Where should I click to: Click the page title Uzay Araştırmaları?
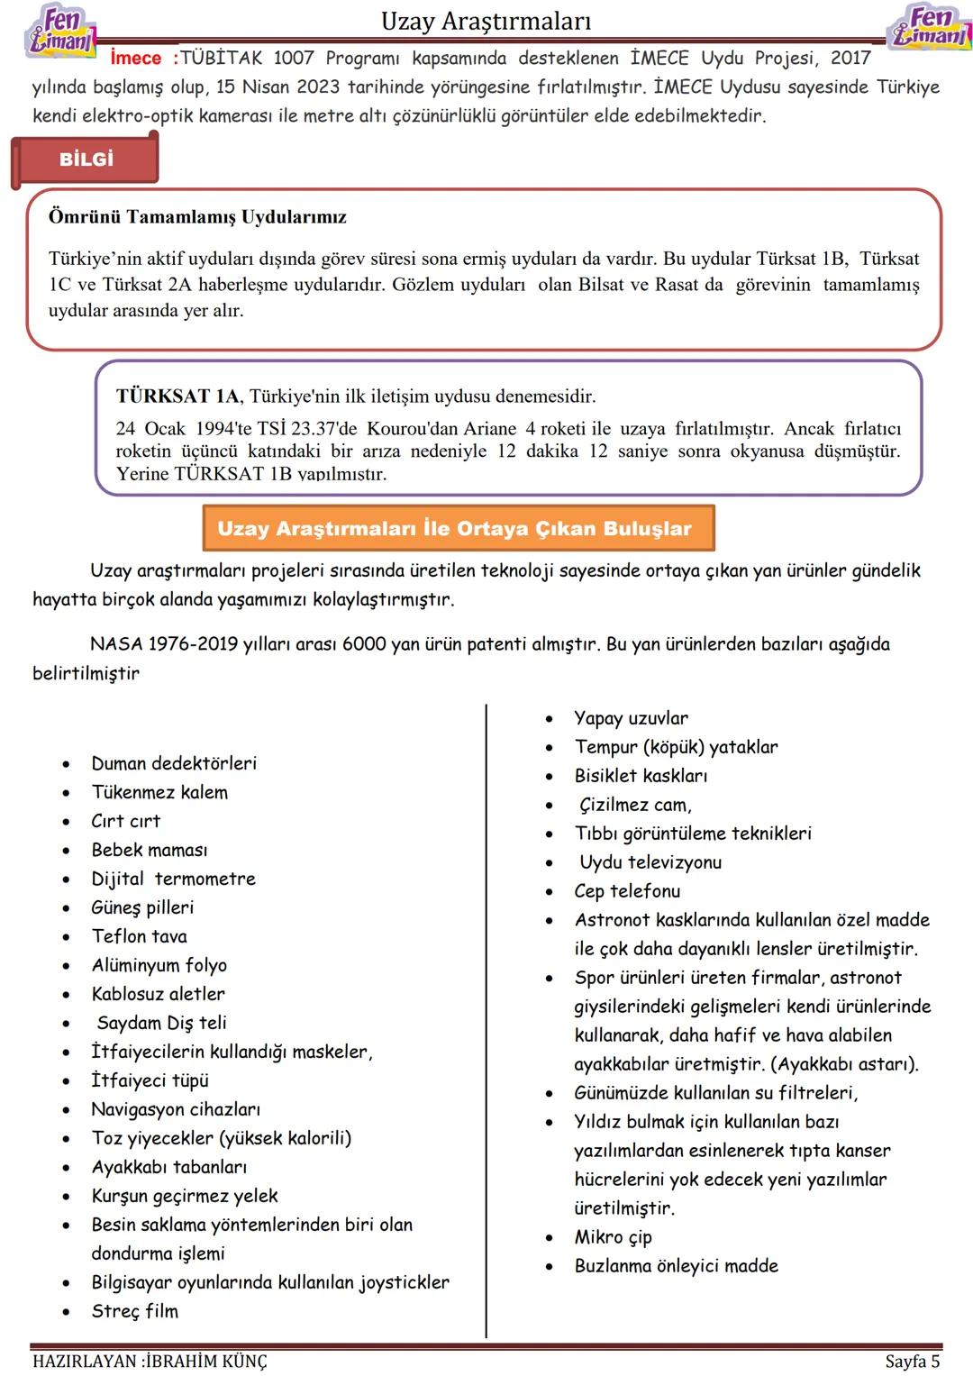[486, 21]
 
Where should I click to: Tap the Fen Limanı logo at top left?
[59, 30]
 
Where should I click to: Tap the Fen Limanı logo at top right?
[930, 27]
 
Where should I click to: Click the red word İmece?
[135, 59]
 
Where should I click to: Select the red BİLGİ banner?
[86, 159]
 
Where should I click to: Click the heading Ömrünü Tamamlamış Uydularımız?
[197, 217]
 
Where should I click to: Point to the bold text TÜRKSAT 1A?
[178, 396]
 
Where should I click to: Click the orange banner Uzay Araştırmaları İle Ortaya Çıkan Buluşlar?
[459, 528]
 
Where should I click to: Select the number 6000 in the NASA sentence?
[364, 644]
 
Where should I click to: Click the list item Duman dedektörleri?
[174, 763]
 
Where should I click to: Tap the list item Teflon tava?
[140, 936]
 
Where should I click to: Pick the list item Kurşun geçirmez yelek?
[185, 1196]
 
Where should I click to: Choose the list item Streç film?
[135, 1311]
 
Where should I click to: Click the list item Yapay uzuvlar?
[631, 718]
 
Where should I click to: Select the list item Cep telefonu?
[627, 891]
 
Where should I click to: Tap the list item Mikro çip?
[613, 1237]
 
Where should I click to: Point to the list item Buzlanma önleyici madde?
[676, 1266]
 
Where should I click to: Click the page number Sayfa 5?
[912, 1361]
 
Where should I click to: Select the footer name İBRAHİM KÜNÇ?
[206, 1361]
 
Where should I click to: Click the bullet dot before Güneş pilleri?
[67, 908]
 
